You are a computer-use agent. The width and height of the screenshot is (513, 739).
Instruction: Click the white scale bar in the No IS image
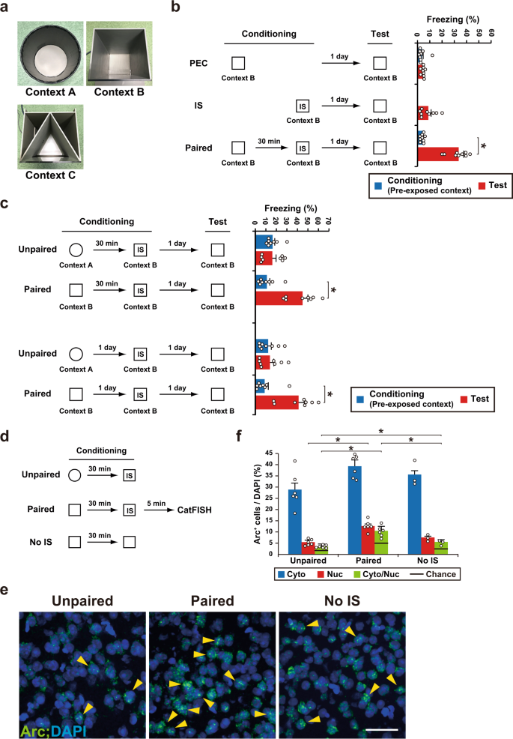386,723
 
